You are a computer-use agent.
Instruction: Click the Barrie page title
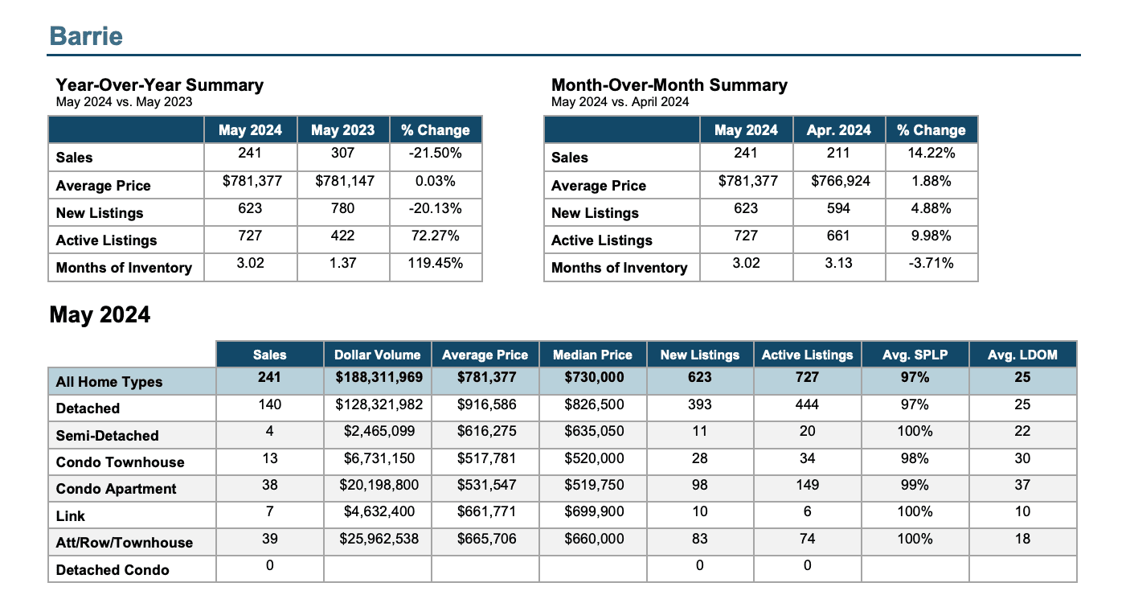click(86, 36)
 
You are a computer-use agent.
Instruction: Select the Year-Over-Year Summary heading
click(159, 84)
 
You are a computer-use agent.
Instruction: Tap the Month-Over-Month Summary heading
click(669, 84)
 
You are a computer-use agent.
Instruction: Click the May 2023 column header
click(342, 130)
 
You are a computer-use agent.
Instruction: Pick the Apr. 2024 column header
click(838, 130)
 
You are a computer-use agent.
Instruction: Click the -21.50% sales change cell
click(435, 153)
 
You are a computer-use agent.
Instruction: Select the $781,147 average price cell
click(345, 181)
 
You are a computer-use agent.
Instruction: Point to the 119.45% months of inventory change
click(435, 263)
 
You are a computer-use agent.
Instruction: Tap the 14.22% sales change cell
click(931, 153)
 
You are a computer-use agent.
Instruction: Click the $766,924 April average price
click(841, 181)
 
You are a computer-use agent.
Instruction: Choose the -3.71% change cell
click(931, 263)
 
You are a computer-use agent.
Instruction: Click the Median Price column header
click(592, 355)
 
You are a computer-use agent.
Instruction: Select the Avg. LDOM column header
click(1022, 355)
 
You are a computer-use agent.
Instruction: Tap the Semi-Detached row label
click(107, 436)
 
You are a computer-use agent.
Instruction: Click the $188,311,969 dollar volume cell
click(379, 377)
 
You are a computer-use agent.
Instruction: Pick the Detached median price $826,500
click(594, 404)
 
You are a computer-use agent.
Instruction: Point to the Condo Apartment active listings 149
click(807, 485)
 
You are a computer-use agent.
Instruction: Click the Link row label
click(70, 515)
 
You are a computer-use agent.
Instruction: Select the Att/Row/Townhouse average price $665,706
click(486, 539)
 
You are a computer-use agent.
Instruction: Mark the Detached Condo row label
click(112, 570)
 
